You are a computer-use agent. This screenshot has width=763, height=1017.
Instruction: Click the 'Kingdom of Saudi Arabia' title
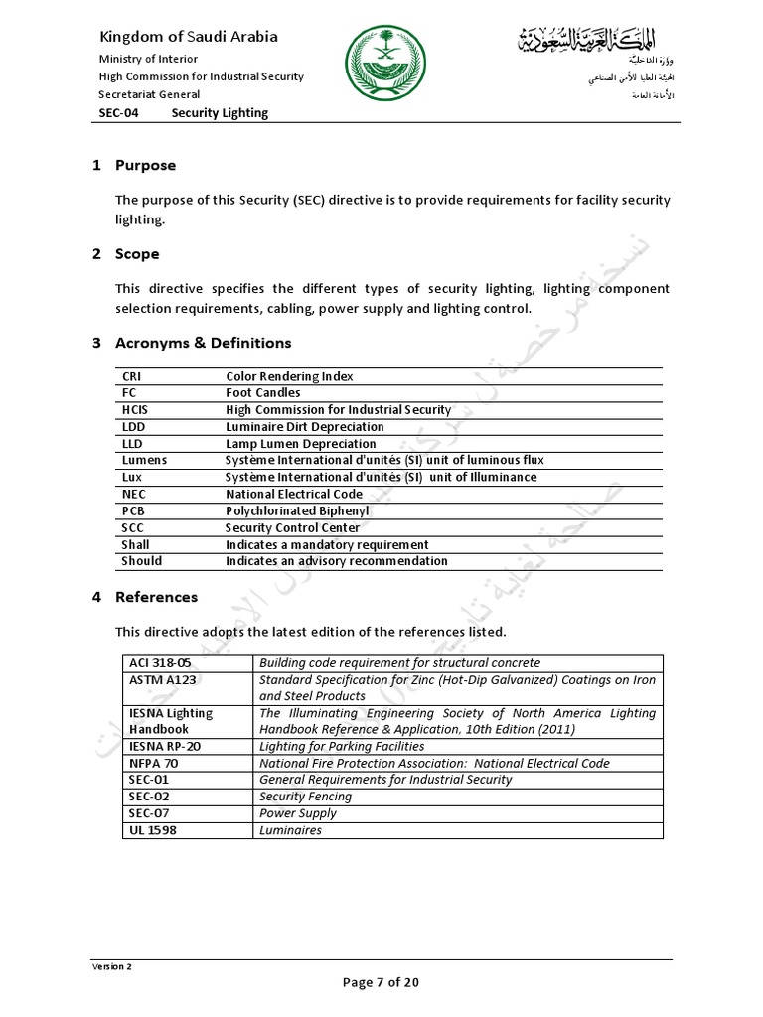[x=188, y=37]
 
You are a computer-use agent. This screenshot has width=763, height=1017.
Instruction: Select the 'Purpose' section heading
[x=145, y=165]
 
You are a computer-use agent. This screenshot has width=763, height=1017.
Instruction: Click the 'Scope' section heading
[x=137, y=254]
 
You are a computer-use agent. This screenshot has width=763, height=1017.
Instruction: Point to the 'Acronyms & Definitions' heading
[x=203, y=343]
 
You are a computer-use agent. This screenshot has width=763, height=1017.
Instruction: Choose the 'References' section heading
[x=156, y=597]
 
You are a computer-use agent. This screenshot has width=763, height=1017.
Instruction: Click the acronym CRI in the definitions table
[x=132, y=376]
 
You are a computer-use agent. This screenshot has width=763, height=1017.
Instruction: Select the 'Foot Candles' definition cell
[x=262, y=393]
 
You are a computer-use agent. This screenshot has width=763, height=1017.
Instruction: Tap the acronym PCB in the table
[x=133, y=510]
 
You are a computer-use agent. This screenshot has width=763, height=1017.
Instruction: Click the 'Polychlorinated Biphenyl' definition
[x=297, y=510]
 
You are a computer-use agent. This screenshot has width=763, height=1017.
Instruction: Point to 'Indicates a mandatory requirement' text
[x=327, y=544]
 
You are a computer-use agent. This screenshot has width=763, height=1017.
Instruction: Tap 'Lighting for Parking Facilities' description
[x=342, y=746]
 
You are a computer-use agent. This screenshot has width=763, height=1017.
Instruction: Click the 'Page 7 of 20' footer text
[x=381, y=982]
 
